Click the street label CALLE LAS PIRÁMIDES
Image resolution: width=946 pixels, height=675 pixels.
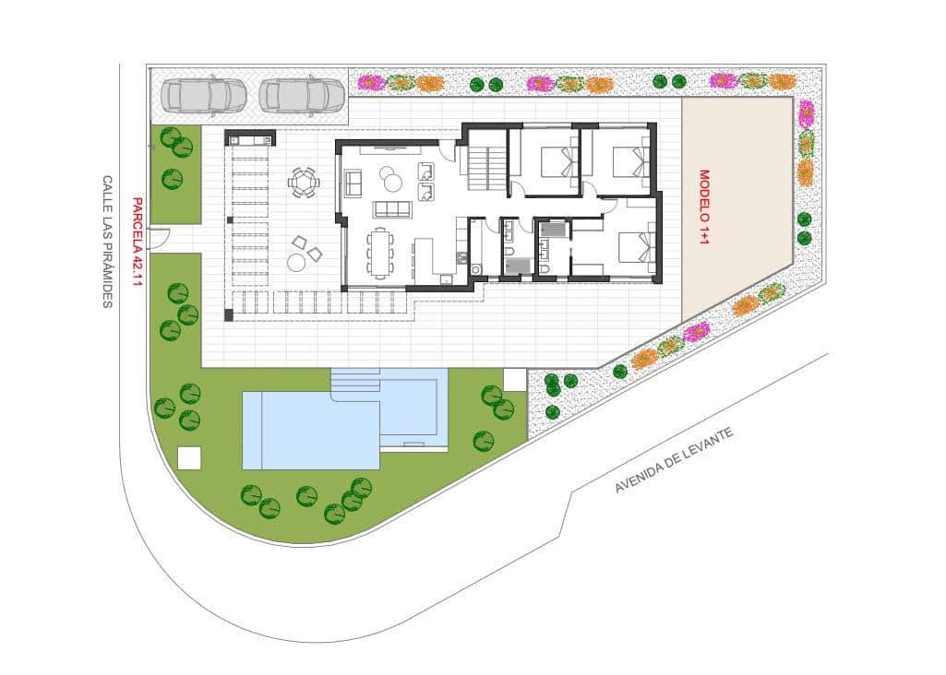pyautogui.click(x=107, y=242)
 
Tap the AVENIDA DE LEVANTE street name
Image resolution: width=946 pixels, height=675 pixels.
pyautogui.click(x=674, y=460)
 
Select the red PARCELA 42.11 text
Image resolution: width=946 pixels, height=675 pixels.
pyautogui.click(x=137, y=242)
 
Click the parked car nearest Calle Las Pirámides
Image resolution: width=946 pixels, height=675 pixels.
pyautogui.click(x=204, y=94)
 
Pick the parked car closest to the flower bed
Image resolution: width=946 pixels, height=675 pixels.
pyautogui.click(x=302, y=94)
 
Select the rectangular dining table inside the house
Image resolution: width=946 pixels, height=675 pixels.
pyautogui.click(x=380, y=252)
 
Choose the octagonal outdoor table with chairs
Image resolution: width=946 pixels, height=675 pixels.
pyautogui.click(x=304, y=183)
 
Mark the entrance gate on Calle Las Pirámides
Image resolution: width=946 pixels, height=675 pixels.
pyautogui.click(x=159, y=239)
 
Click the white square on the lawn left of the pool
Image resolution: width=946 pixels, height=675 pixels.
pyautogui.click(x=189, y=457)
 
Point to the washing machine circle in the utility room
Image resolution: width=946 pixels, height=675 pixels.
pyautogui.click(x=476, y=268)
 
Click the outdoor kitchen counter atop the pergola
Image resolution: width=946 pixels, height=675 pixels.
pyautogui.click(x=250, y=139)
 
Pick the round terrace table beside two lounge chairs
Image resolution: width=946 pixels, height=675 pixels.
pyautogui.click(x=296, y=263)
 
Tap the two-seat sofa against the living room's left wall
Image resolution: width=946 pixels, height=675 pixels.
pyautogui.click(x=353, y=183)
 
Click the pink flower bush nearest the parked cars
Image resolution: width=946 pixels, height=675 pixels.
pyautogui.click(x=370, y=82)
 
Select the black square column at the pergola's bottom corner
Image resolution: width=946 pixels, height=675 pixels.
pyautogui.click(x=229, y=314)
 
